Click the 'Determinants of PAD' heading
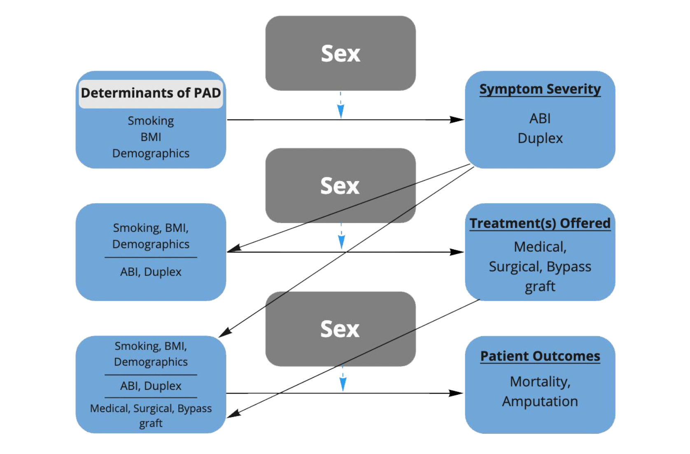pyautogui.click(x=151, y=93)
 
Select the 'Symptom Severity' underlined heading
pyautogui.click(x=540, y=89)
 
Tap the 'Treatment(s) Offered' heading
pyautogui.click(x=540, y=223)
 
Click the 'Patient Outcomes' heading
pyautogui.click(x=540, y=356)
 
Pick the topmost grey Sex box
pyautogui.click(x=340, y=53)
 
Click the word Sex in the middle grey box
pyautogui.click(x=340, y=186)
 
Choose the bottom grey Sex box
pyautogui.click(x=340, y=329)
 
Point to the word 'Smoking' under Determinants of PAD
pyautogui.click(x=151, y=121)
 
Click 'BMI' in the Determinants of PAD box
pyautogui.click(x=151, y=137)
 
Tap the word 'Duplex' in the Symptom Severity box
pyautogui.click(x=540, y=138)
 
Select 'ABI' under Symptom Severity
pyautogui.click(x=540, y=119)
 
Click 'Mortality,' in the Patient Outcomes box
pyautogui.click(x=540, y=382)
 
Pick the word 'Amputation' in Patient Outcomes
pyautogui.click(x=540, y=401)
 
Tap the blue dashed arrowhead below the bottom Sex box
pyautogui.click(x=343, y=384)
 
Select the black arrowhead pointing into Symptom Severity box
pyautogui.click(x=457, y=120)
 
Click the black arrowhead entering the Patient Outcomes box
pyautogui.click(x=456, y=393)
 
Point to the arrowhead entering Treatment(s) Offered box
pyautogui.click(x=457, y=252)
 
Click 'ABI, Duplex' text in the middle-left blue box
pyautogui.click(x=151, y=272)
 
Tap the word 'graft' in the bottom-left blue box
pyautogui.click(x=151, y=423)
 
